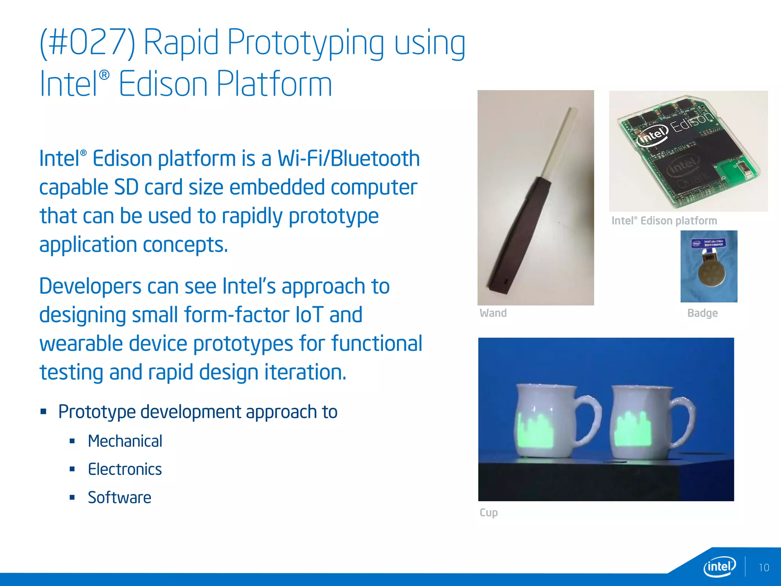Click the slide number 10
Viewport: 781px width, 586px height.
point(763,568)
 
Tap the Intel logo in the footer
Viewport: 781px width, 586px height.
point(719,567)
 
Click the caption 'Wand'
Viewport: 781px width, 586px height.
point(493,313)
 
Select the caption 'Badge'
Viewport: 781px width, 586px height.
point(702,313)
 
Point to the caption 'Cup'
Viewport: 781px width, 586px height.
point(489,512)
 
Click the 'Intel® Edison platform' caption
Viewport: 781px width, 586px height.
point(664,221)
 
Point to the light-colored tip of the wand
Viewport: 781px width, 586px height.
point(561,141)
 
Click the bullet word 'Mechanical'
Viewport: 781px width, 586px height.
point(125,441)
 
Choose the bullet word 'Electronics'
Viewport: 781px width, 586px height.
point(125,469)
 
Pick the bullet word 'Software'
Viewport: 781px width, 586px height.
point(119,497)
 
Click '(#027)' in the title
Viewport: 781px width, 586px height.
point(87,43)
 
